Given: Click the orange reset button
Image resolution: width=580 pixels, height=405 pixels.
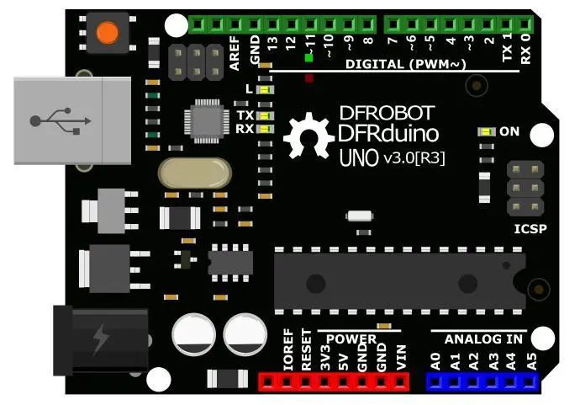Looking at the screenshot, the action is [x=108, y=32].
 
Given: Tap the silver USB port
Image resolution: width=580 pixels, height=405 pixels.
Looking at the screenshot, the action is [x=72, y=120].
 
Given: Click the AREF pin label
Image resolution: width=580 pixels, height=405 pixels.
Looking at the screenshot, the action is [x=235, y=53].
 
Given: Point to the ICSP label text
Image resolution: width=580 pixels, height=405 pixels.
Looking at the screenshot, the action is [x=530, y=229].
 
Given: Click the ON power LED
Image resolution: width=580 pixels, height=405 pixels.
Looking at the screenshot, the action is [x=487, y=131].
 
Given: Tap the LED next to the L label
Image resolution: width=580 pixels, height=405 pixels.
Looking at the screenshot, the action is [x=266, y=89].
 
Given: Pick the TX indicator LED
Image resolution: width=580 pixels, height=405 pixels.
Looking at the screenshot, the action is [x=266, y=115].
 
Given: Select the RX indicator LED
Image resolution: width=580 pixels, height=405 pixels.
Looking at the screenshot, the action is [x=266, y=129].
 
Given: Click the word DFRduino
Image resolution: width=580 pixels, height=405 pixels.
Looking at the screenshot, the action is [x=388, y=134].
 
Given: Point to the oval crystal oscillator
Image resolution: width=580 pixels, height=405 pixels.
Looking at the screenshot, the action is [x=194, y=173].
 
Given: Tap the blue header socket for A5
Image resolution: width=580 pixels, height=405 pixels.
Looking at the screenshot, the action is [x=530, y=382].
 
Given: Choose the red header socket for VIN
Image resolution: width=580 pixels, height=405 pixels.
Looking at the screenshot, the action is [x=399, y=382].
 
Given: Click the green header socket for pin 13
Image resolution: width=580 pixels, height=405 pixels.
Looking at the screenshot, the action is [x=272, y=24].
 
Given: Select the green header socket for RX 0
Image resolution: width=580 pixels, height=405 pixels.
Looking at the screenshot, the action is [x=524, y=24].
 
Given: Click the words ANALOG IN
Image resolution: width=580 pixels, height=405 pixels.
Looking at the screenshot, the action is [x=483, y=339].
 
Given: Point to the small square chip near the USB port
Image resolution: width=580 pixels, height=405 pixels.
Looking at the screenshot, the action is [x=207, y=121].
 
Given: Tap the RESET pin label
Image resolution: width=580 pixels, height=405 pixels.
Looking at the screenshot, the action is [x=307, y=349].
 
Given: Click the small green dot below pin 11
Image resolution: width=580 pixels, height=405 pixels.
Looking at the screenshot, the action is [x=308, y=58].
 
